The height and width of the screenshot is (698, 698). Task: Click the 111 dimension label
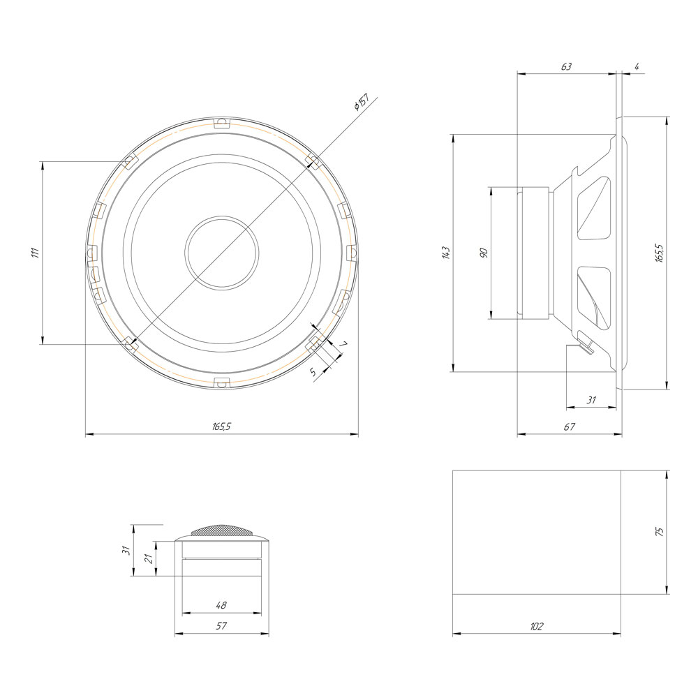tap(36, 253)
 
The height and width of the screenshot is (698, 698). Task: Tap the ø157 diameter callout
tap(362, 102)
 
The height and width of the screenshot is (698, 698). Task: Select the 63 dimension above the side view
tap(566, 67)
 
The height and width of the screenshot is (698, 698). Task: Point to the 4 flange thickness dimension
tap(637, 67)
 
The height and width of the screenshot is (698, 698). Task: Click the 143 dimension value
tap(447, 253)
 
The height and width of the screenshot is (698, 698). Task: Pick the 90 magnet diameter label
tap(484, 253)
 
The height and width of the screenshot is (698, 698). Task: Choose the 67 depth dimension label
tap(570, 426)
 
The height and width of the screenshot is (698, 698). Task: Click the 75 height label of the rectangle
tap(660, 531)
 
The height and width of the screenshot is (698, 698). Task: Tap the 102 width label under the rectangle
tap(537, 626)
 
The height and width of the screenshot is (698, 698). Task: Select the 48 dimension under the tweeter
tap(221, 605)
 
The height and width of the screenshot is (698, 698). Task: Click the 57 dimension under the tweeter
tap(221, 626)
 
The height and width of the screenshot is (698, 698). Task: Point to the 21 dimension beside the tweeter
tap(149, 558)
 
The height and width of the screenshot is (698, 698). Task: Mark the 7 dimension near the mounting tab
tap(343, 344)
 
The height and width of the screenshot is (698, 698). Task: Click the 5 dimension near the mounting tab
tap(313, 372)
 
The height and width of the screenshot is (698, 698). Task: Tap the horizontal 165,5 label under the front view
tap(221, 426)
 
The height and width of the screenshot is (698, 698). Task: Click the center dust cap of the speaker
tap(222, 253)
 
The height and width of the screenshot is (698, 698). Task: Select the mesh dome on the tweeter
tap(222, 530)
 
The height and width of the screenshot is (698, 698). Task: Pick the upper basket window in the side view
tap(594, 208)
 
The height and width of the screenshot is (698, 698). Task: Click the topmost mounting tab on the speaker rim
tap(221, 123)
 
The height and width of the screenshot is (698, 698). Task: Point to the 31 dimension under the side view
tap(591, 400)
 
